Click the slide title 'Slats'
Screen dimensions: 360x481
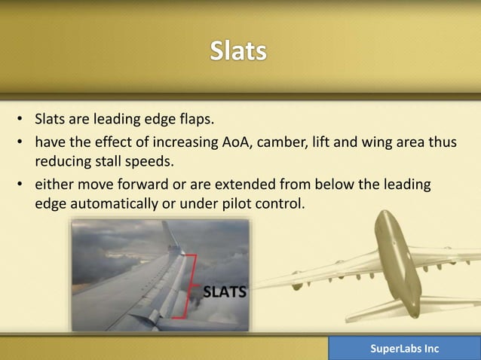[x=238, y=51]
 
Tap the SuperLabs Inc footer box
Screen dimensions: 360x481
[x=404, y=349]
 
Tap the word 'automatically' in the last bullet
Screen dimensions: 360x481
[x=109, y=203]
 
